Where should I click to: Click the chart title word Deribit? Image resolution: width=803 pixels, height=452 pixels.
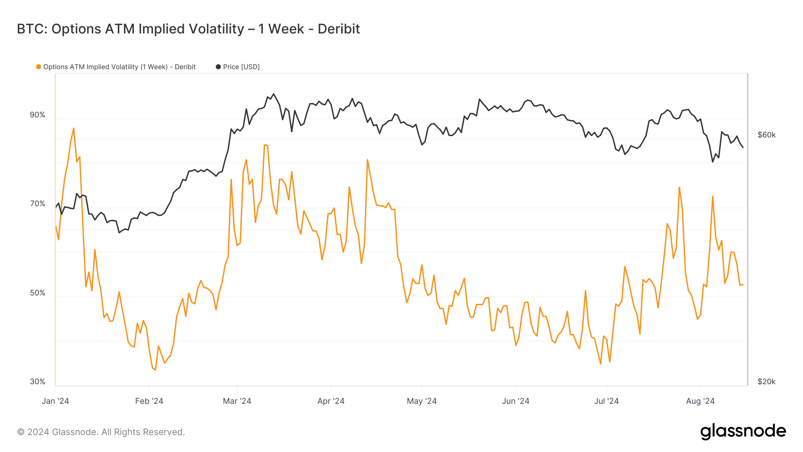[339, 29]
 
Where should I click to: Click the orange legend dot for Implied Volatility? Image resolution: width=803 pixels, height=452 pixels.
[39, 67]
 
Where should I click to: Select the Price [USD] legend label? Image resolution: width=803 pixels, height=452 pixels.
[241, 67]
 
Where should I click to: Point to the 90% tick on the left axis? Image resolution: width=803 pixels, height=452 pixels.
[37, 115]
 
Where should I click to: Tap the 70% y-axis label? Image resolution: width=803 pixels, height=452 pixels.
[37, 204]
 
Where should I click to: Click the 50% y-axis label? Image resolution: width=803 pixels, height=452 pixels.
[37, 293]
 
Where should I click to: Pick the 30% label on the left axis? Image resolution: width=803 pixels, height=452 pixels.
[37, 382]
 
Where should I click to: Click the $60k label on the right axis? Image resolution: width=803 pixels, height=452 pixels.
[766, 135]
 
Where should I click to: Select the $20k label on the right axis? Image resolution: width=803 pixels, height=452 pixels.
[766, 382]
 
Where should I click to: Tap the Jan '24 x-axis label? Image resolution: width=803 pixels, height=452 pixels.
[55, 401]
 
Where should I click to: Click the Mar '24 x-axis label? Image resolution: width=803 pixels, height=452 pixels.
[237, 401]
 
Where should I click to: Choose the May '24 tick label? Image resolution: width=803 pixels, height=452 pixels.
[422, 401]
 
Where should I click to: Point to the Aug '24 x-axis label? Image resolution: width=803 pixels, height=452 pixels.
[700, 401]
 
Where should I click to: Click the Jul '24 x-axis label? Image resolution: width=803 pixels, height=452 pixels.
[606, 401]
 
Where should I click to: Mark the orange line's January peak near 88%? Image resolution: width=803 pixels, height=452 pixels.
[74, 129]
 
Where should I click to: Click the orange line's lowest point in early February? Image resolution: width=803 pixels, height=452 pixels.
[155, 369]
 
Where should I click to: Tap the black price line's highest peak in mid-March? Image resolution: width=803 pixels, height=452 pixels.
[273, 94]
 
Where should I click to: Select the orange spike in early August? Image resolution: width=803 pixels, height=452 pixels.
[712, 196]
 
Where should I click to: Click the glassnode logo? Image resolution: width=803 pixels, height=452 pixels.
[743, 431]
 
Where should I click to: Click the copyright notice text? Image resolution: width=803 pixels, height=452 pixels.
[101, 432]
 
